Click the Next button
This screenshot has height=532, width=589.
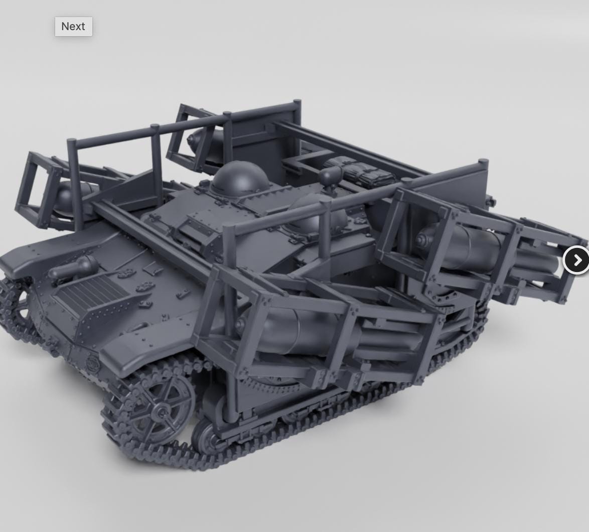click(74, 27)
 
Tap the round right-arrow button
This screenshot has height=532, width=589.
click(576, 260)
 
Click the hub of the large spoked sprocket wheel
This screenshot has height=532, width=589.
click(162, 413)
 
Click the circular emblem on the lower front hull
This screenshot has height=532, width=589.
click(92, 362)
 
